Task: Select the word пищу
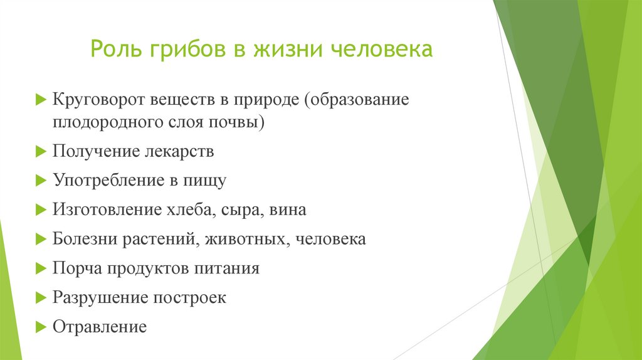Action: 203,181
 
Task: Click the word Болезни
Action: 80,239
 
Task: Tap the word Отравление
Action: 100,327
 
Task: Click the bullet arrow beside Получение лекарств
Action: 41,152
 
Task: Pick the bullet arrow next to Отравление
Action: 41,327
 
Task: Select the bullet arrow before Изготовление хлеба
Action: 41,210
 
